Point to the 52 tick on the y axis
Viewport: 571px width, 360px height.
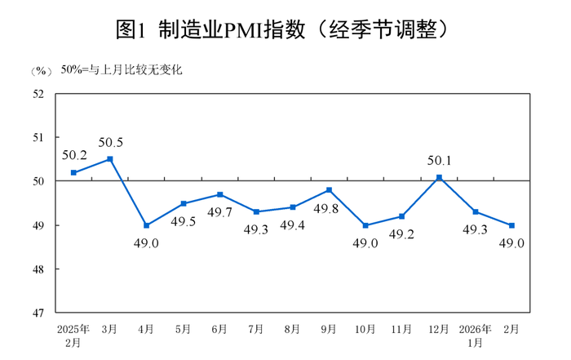pos(38,94)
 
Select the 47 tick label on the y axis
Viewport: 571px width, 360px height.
pos(38,313)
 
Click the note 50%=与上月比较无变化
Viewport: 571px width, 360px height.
pos(122,70)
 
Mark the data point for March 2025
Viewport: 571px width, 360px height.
pos(110,159)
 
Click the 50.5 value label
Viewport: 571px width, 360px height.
pos(111,142)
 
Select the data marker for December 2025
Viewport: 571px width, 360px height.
pos(439,177)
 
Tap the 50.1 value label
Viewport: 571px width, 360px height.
pos(439,160)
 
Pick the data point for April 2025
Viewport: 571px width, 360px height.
pos(147,225)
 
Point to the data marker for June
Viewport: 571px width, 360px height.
pos(219,194)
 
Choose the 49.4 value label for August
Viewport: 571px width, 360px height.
pos(293,225)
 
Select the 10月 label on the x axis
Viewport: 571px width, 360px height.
pos(366,329)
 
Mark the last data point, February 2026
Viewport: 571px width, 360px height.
pos(512,225)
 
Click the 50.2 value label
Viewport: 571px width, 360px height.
pos(74,154)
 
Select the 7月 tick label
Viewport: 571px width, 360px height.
pos(256,329)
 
